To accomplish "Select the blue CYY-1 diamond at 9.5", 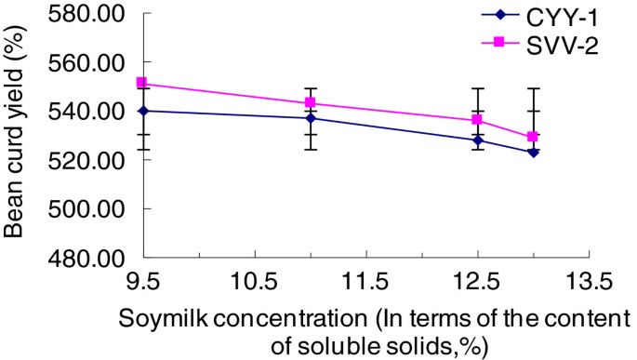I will pos(142,111).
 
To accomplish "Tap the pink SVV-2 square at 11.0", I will pos(310,102).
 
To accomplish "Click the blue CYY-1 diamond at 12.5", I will pos(477,140).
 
